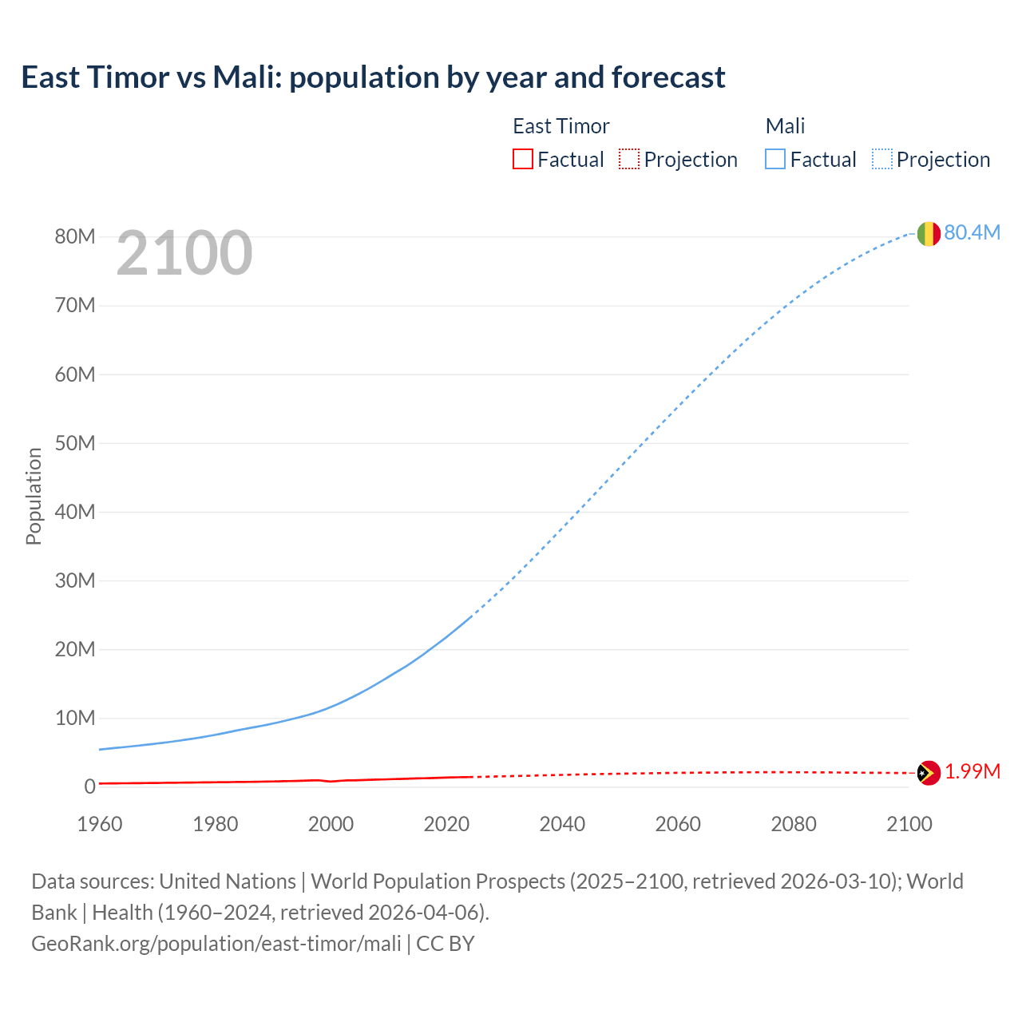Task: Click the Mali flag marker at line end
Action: click(x=929, y=233)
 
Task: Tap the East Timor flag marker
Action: click(x=929, y=773)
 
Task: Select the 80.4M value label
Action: click(x=972, y=232)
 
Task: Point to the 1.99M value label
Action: click(x=972, y=772)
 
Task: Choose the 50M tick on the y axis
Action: click(x=75, y=443)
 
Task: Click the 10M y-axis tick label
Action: click(x=75, y=718)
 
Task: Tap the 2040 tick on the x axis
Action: click(x=562, y=824)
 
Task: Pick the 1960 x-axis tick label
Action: click(x=100, y=824)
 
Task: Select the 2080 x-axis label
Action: click(x=794, y=824)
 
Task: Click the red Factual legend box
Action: click(x=523, y=159)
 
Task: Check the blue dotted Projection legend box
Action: click(x=882, y=159)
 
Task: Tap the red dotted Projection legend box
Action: click(x=629, y=159)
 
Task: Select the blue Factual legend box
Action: click(x=775, y=159)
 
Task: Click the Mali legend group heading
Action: click(x=785, y=126)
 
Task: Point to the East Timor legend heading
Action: click(x=561, y=126)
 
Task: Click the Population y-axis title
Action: click(x=34, y=496)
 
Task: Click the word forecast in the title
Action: click(x=668, y=77)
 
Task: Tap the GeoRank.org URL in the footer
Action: click(x=216, y=944)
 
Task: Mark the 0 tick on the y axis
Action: click(x=90, y=786)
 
